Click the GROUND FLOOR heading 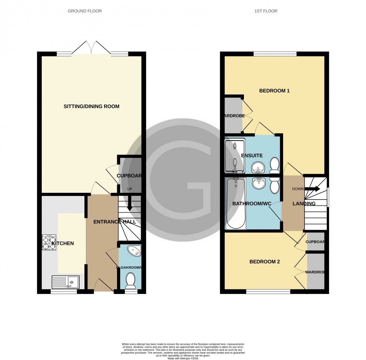click(x=85, y=11)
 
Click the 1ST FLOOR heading click(x=266, y=11)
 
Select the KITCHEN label click(x=63, y=244)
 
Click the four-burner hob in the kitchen click(x=49, y=242)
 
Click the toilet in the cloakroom click(x=131, y=281)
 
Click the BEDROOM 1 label click(x=274, y=91)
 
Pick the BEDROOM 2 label click(x=264, y=262)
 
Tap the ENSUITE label click(x=252, y=156)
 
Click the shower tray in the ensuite click(x=235, y=156)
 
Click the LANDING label click(x=304, y=204)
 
